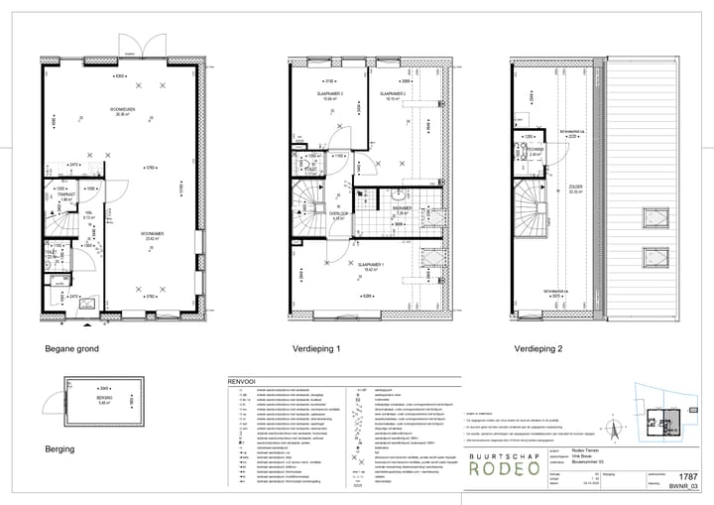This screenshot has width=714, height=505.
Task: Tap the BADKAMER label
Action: coord(401,208)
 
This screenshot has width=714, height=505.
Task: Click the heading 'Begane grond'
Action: coord(72,349)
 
